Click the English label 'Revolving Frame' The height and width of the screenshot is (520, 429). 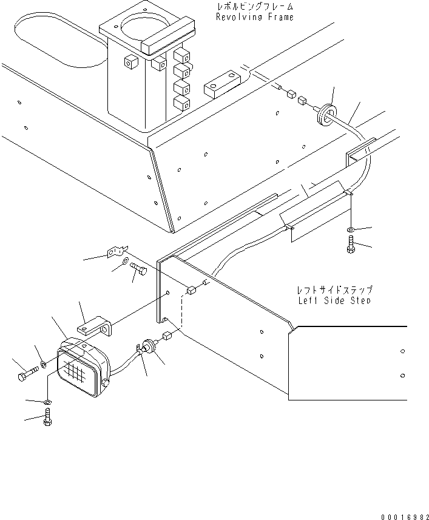254,17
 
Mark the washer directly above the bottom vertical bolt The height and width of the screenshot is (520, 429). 48,402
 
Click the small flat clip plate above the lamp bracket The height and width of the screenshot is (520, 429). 117,250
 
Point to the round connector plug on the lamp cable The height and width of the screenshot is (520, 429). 149,347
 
